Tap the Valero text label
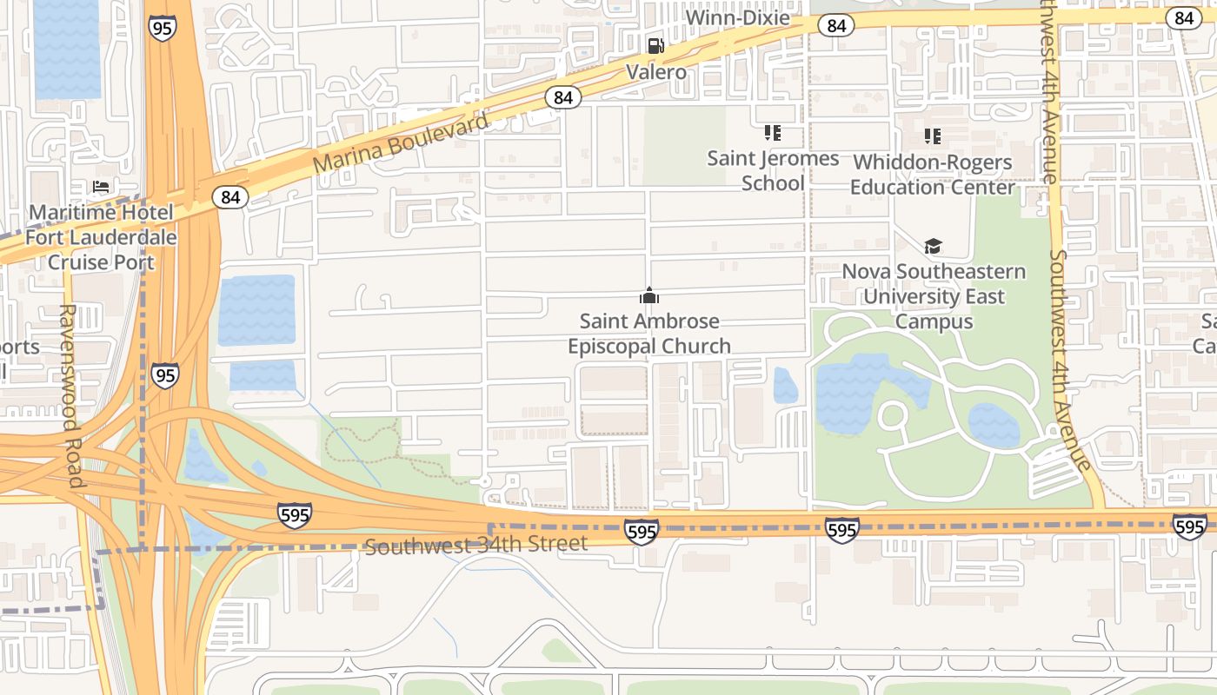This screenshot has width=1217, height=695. click(656, 72)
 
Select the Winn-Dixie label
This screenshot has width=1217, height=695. click(737, 17)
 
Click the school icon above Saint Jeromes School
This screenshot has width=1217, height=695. click(772, 133)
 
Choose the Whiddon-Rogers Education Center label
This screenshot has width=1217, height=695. click(932, 175)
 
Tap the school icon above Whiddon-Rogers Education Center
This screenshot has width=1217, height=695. click(933, 136)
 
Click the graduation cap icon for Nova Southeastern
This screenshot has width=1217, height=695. click(933, 246)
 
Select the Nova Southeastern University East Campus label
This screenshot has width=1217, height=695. click(934, 296)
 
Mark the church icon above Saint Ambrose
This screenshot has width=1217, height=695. click(648, 295)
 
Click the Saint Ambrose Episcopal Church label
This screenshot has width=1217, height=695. click(648, 334)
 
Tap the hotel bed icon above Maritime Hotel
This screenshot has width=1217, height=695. click(101, 187)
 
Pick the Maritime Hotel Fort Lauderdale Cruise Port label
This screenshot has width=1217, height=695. click(101, 237)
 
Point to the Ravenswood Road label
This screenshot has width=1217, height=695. click(70, 395)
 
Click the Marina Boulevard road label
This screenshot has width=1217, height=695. click(401, 143)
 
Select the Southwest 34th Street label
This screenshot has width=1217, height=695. click(475, 546)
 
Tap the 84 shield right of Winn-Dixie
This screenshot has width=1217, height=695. click(836, 26)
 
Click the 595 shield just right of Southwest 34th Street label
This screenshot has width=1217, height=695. click(641, 531)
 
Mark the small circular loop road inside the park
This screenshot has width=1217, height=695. click(892, 415)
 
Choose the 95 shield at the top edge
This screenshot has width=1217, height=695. click(162, 27)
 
